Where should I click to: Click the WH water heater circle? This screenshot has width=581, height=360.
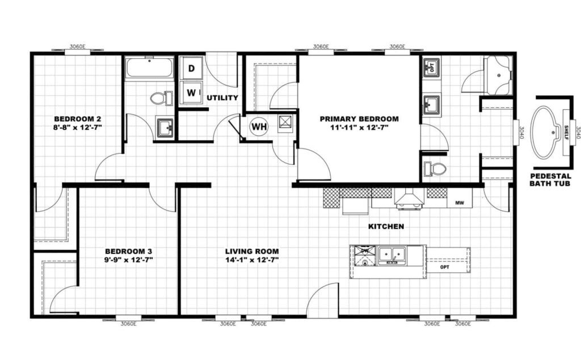tap(259, 126)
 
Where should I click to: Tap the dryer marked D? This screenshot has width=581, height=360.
tap(191, 68)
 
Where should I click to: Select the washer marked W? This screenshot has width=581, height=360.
tap(191, 92)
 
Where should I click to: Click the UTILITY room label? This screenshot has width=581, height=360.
tap(222, 98)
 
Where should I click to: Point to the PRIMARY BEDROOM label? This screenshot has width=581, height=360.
tap(359, 119)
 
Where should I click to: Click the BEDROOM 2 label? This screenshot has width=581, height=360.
tap(77, 119)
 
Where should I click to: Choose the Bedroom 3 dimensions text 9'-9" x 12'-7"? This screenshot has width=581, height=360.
tap(128, 260)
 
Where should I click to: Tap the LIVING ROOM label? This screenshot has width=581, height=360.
tap(252, 252)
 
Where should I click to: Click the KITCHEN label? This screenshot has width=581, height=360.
tap(386, 226)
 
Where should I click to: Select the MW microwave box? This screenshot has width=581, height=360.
tap(460, 202)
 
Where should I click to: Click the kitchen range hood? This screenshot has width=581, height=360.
tap(409, 198)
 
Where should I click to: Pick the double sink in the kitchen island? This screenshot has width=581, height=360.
tap(391, 256)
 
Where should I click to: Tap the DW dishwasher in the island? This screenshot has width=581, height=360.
tap(365, 256)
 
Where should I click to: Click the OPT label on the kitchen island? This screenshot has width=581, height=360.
tap(445, 267)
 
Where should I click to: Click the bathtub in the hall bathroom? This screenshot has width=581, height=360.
tap(150, 67)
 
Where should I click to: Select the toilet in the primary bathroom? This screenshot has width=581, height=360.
tap(435, 169)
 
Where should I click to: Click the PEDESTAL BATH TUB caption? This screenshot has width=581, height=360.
tap(550, 180)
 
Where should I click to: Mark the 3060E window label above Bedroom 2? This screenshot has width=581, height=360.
tap(77, 46)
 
